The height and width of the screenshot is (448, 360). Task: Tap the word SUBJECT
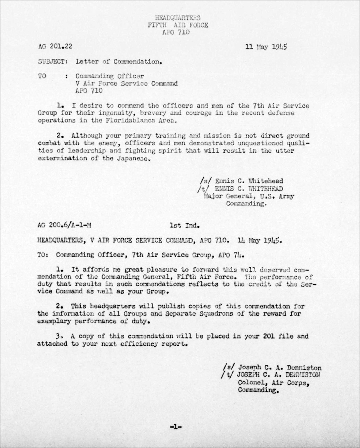[x=52, y=61]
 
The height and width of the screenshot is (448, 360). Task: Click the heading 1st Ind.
[x=184, y=226]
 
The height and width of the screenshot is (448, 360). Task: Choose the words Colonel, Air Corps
[x=273, y=383]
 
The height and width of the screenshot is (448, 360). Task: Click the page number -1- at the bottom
[x=176, y=427]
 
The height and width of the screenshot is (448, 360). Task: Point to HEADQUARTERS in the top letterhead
[x=178, y=18]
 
